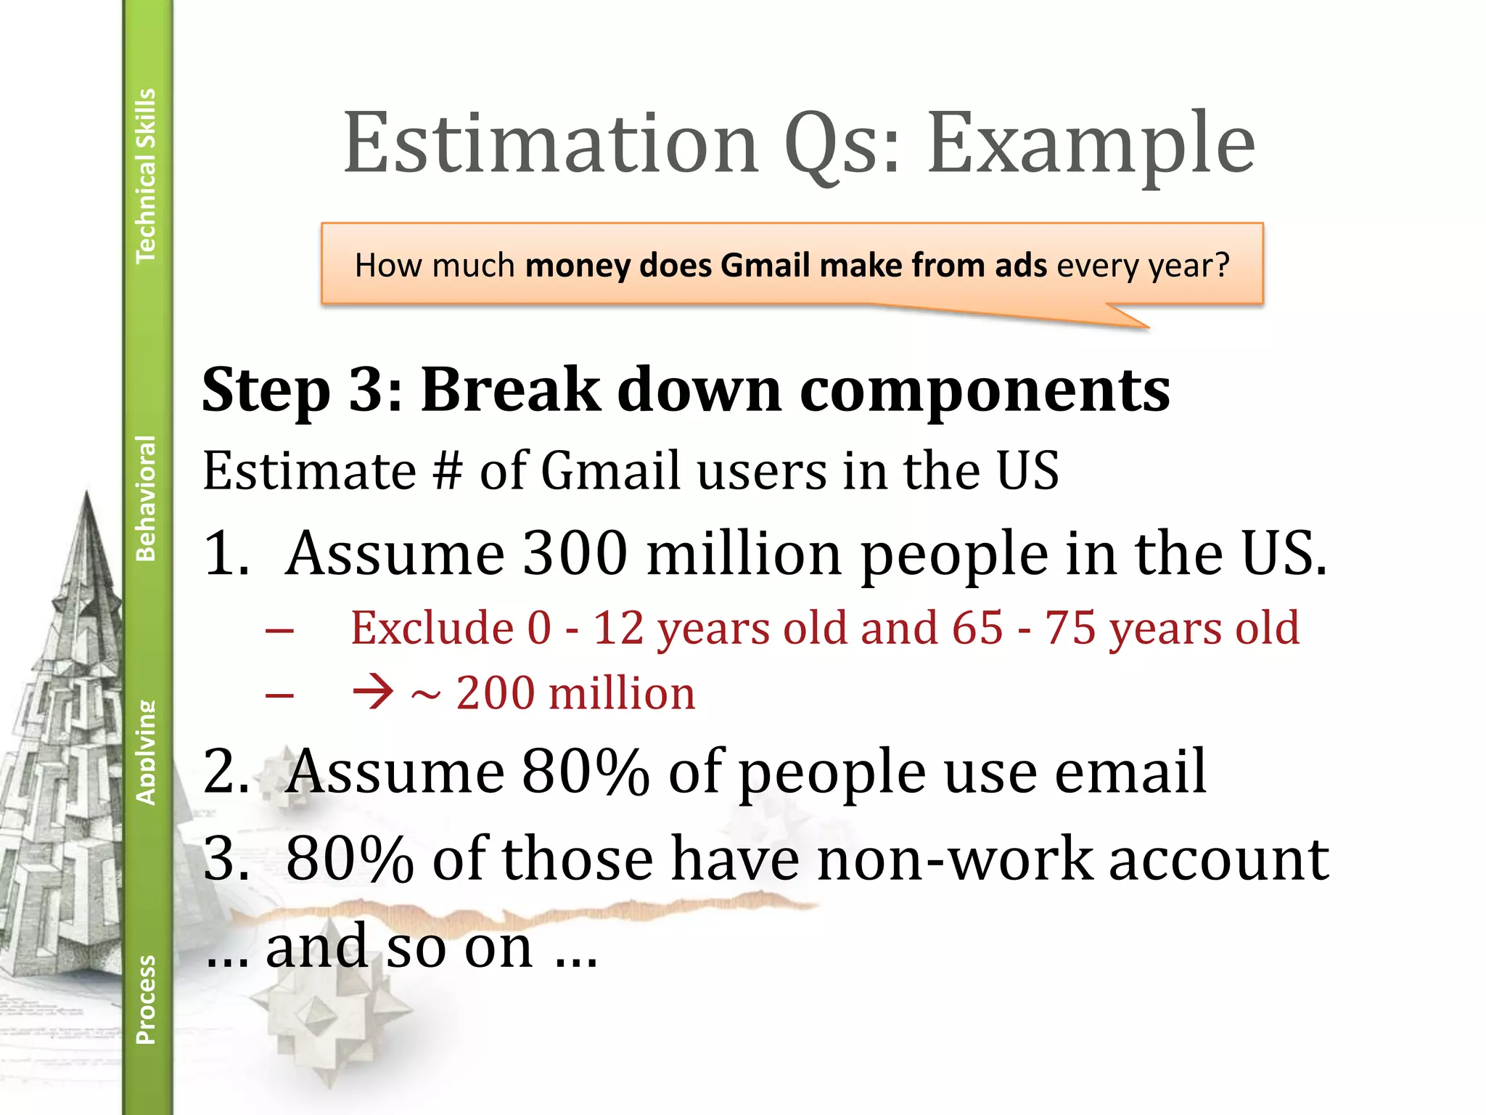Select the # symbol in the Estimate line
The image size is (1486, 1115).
447,471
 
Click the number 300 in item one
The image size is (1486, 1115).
575,553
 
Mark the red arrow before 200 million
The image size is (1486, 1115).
373,693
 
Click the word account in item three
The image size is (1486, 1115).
1219,859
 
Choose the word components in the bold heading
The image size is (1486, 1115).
985,390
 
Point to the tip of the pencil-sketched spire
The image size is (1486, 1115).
87,494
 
